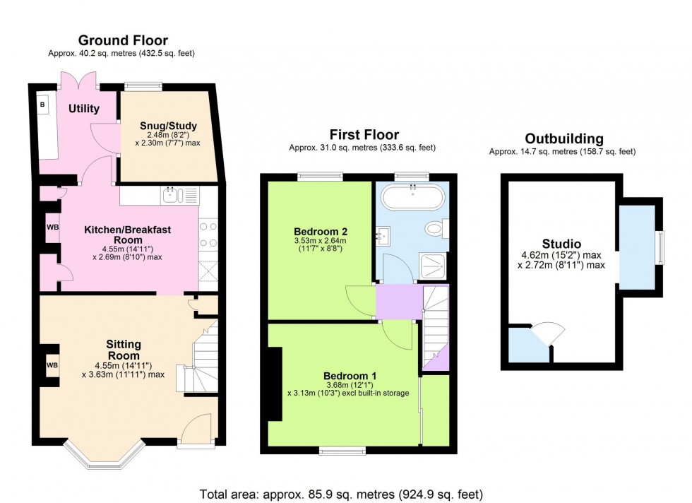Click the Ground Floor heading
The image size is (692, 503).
pyautogui.click(x=123, y=40)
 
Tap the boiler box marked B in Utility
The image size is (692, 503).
pyautogui.click(x=42, y=105)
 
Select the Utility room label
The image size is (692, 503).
pyautogui.click(x=84, y=109)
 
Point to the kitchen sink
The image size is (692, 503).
pyautogui.click(x=171, y=195)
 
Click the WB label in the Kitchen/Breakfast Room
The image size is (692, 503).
pyautogui.click(x=52, y=228)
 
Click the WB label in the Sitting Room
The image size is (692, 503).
pyautogui.click(x=52, y=365)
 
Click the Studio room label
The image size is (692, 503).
pyautogui.click(x=561, y=244)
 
